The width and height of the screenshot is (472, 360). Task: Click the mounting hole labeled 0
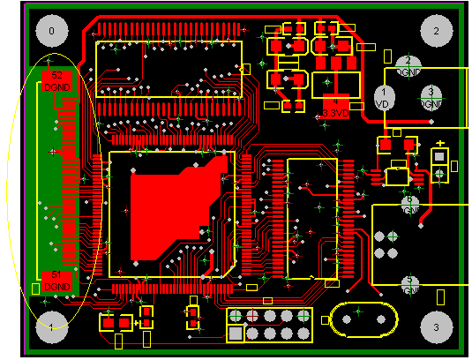click(51, 31)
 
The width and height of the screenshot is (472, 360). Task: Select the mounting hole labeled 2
click(436, 31)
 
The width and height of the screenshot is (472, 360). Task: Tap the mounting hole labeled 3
click(436, 326)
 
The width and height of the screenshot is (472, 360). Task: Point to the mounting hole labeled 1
click(51, 327)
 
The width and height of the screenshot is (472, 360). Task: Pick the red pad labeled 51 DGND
click(56, 281)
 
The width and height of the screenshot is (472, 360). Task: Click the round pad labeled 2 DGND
click(408, 64)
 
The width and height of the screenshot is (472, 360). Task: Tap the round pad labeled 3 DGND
click(431, 95)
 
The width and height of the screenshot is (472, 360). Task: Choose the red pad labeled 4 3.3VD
click(335, 104)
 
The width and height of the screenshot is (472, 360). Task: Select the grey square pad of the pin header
click(236, 333)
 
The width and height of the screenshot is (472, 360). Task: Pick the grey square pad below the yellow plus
click(439, 158)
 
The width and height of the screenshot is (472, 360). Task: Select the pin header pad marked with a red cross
click(252, 316)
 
